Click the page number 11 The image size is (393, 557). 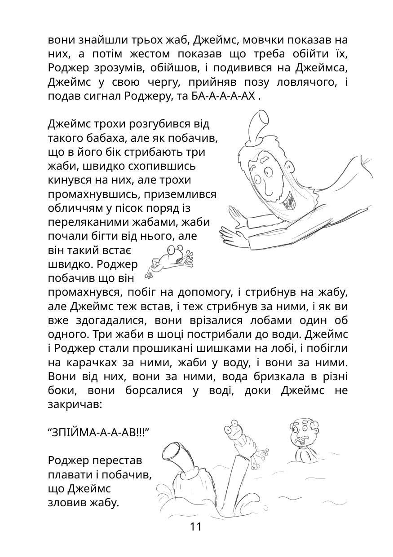click(196, 526)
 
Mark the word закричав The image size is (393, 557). click(74, 404)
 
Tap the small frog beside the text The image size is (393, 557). click(171, 260)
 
